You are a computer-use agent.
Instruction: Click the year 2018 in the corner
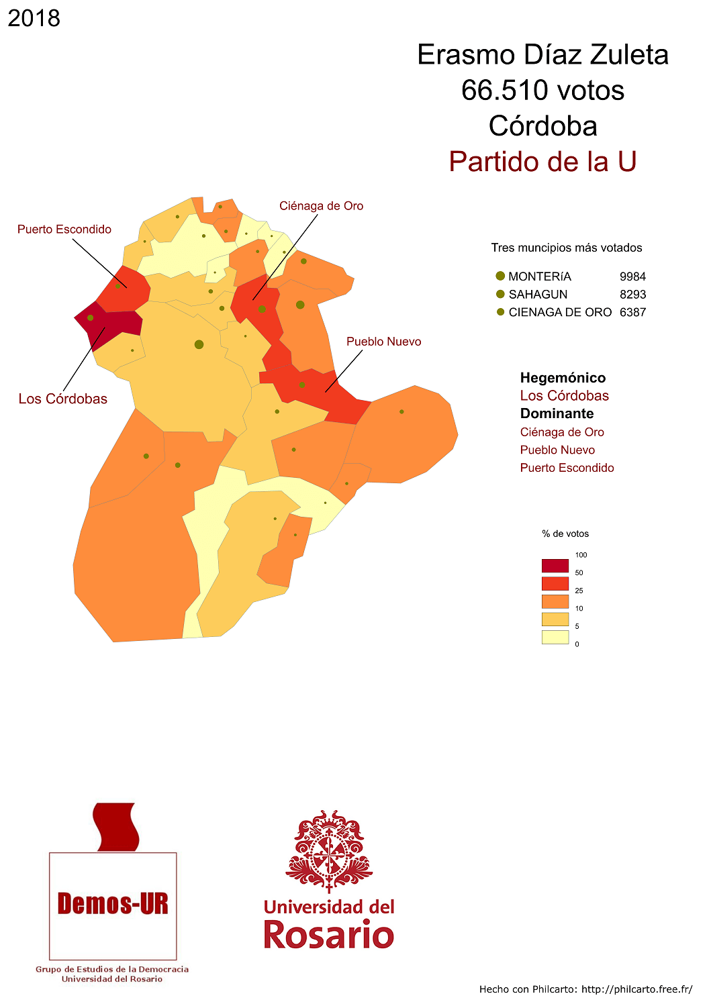pyautogui.click(x=34, y=18)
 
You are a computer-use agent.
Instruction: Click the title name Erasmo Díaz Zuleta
pyautogui.click(x=542, y=55)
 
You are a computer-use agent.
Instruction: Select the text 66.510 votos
pyautogui.click(x=542, y=91)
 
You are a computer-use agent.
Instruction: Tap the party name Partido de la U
pyautogui.click(x=542, y=162)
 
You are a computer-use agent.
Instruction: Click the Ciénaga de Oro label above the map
pyautogui.click(x=321, y=206)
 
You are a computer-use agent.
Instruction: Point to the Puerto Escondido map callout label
pyautogui.click(x=64, y=230)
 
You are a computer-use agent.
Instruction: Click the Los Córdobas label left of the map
pyautogui.click(x=63, y=399)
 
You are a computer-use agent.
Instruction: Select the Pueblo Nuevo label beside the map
pyautogui.click(x=383, y=342)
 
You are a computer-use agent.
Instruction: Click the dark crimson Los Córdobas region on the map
pyautogui.click(x=107, y=323)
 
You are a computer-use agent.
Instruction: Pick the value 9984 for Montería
pyautogui.click(x=632, y=277)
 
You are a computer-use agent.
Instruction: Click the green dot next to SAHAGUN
pyautogui.click(x=500, y=294)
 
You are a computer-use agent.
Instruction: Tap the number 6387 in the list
pyautogui.click(x=632, y=312)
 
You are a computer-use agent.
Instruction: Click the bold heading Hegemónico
pyautogui.click(x=563, y=378)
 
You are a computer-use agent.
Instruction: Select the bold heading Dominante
pyautogui.click(x=557, y=413)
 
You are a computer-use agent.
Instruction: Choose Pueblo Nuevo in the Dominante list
pyautogui.click(x=557, y=450)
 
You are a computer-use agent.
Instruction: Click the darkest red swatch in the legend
pyautogui.click(x=555, y=565)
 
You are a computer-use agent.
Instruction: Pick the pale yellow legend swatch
pyautogui.click(x=555, y=637)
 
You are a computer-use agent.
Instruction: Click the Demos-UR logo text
pyautogui.click(x=113, y=904)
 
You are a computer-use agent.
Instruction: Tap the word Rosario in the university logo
pyautogui.click(x=328, y=934)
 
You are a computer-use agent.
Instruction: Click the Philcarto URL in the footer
pyautogui.click(x=636, y=989)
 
